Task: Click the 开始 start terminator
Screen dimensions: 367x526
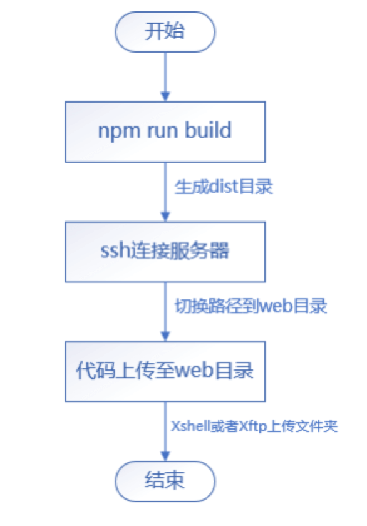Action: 165,32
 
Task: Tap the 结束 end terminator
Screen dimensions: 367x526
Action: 165,481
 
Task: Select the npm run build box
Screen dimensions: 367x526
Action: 165,132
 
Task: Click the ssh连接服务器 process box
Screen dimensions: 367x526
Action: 165,252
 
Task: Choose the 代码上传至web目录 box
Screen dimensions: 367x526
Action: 165,371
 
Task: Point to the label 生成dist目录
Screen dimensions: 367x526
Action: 224,187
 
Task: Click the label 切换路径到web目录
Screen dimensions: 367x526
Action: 251,306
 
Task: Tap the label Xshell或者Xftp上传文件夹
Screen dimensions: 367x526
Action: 254,426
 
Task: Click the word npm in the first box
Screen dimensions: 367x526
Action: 119,131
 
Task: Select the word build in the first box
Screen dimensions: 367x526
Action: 209,130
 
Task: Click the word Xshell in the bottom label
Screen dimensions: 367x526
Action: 190,426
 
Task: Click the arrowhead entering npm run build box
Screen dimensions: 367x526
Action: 165,96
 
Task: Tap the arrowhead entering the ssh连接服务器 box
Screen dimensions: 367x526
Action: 165,217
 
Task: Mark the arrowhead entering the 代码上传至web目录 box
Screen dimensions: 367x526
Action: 165,336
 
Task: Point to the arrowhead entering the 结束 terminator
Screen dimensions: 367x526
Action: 165,456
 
